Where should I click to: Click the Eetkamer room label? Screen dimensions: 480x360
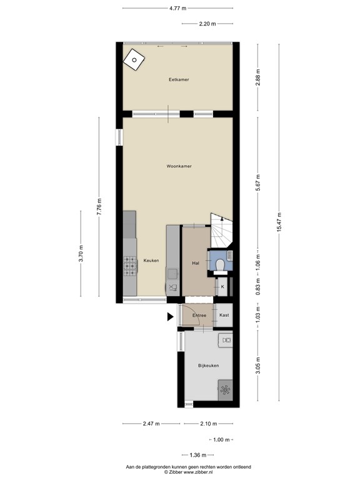pyautogui.click(x=179, y=79)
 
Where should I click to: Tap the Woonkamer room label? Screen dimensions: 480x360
pyautogui.click(x=179, y=166)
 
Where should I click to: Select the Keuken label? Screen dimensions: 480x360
pyautogui.click(x=151, y=260)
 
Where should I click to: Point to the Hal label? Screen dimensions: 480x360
pyautogui.click(x=195, y=264)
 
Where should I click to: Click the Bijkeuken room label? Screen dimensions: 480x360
pyautogui.click(x=208, y=365)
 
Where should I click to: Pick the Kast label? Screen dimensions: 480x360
pyautogui.click(x=224, y=315)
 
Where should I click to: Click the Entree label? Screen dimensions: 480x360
pyautogui.click(x=199, y=315)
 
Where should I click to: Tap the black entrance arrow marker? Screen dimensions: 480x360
pyautogui.click(x=169, y=317)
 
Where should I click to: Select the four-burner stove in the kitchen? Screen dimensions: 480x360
pyautogui.click(x=131, y=267)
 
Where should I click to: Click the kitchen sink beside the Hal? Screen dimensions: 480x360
pyautogui.click(x=172, y=274)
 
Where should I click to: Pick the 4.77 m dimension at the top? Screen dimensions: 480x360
pyautogui.click(x=178, y=8)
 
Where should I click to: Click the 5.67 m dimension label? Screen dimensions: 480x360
pyautogui.click(x=257, y=185)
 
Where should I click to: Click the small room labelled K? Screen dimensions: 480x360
pyautogui.click(x=222, y=287)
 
